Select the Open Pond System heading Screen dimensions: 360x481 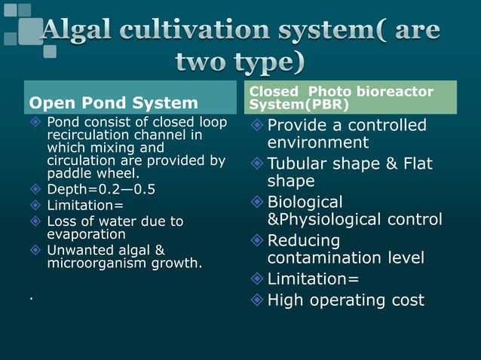113,102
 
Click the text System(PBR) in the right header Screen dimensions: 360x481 299,104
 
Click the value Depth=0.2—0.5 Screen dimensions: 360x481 101,189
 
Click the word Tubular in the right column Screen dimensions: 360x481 298,163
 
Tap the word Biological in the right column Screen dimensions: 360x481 305,202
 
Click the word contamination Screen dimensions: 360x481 322,258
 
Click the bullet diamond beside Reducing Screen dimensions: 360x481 257,241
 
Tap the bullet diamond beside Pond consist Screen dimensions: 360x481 34,122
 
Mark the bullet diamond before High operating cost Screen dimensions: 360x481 257,300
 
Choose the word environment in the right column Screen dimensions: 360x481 317,142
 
